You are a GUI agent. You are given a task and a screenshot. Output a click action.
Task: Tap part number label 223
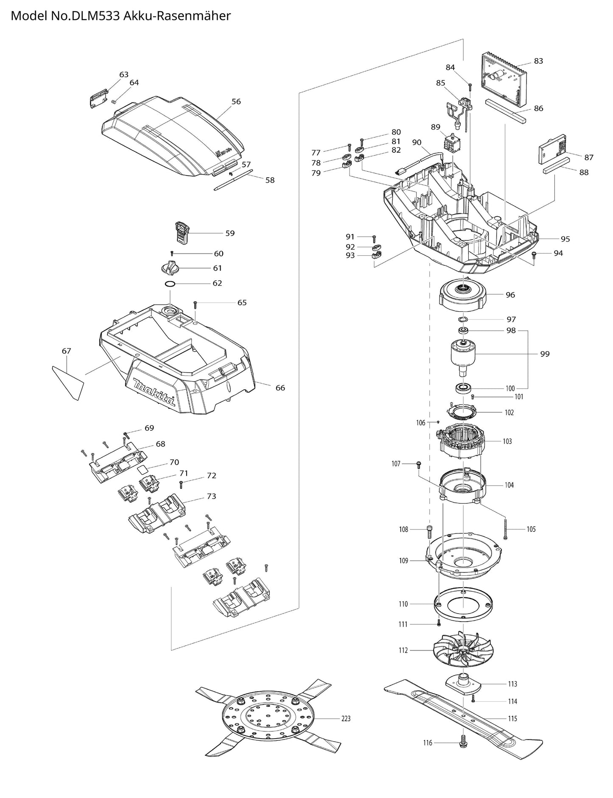pos(346,719)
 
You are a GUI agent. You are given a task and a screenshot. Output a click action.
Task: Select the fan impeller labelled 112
pos(465,650)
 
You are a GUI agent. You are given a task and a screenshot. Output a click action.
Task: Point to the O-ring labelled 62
pos(170,283)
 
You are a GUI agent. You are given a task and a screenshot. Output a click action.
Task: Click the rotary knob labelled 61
pos(171,268)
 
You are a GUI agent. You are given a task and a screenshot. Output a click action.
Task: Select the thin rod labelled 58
pos(234,180)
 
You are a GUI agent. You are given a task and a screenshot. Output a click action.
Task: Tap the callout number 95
pos(565,239)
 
